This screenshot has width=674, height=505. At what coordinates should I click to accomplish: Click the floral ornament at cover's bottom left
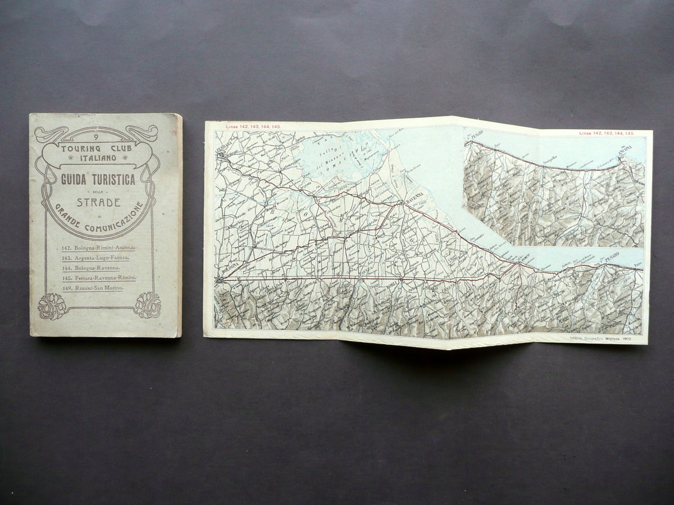click(x=52, y=306)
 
